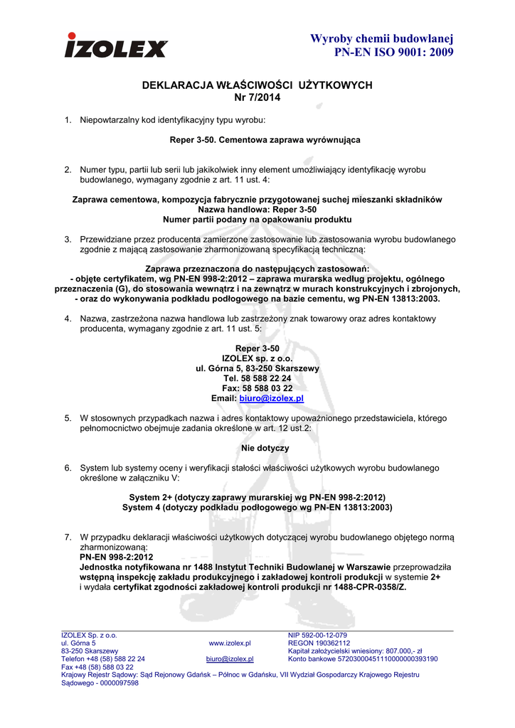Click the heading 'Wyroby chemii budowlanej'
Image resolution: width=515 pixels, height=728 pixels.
tap(382, 38)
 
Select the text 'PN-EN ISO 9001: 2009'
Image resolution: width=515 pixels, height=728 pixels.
tap(393, 53)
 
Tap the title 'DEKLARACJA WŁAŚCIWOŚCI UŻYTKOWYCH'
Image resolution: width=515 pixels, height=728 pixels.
tap(257, 85)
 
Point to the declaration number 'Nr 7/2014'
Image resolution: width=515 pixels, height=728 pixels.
tap(257, 97)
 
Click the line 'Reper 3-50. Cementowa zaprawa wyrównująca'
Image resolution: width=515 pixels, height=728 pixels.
tap(265, 140)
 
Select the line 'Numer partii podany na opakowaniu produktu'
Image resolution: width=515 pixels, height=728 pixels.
tap(257, 220)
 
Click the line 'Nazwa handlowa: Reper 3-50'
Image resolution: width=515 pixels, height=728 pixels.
tap(257, 210)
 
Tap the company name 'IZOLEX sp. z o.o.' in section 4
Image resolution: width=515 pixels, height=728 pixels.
tap(257, 358)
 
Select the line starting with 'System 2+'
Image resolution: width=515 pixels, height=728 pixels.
tap(257, 498)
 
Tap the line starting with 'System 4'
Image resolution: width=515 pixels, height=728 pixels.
tap(257, 508)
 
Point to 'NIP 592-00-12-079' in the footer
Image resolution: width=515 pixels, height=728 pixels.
tap(317, 635)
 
